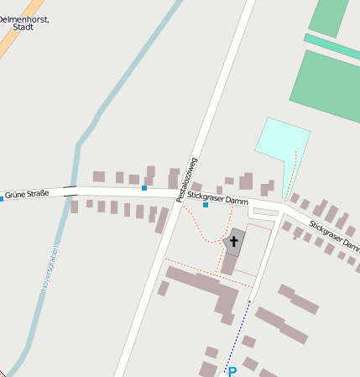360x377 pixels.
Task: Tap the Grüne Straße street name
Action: (x=27, y=194)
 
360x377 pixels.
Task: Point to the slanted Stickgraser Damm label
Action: (x=334, y=237)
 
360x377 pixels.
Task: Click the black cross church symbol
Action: (x=234, y=243)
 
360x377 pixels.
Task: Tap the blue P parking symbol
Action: (x=232, y=371)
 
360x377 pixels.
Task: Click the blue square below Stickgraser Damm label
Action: (x=206, y=205)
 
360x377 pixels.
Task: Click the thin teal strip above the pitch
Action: (x=331, y=47)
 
